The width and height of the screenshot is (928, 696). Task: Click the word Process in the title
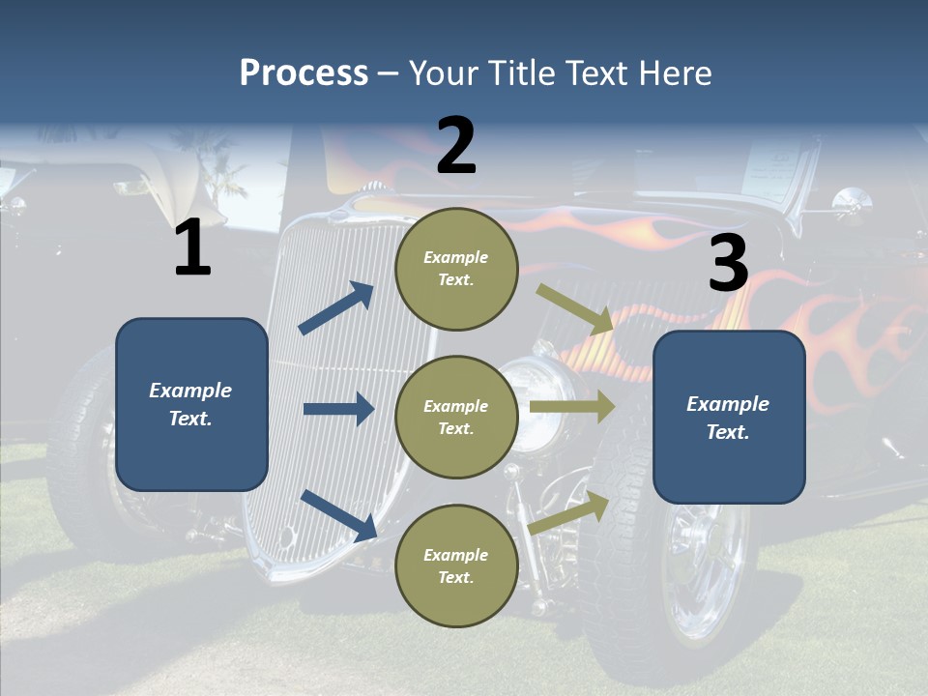click(x=304, y=73)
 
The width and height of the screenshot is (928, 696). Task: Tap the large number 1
click(x=192, y=247)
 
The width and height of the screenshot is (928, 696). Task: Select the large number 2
click(x=456, y=146)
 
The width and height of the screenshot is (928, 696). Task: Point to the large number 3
click(x=728, y=263)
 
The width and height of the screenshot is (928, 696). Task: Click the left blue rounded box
click(x=191, y=404)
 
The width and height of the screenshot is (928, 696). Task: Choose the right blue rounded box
click(x=729, y=418)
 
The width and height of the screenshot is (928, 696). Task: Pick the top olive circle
click(x=456, y=269)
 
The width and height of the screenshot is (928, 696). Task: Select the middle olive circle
click(x=456, y=418)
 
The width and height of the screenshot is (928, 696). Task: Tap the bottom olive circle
click(x=456, y=566)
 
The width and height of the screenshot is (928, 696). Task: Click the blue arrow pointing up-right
click(x=336, y=308)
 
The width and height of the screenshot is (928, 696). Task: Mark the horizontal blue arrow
click(x=338, y=409)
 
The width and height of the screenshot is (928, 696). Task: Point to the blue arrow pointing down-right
click(x=338, y=514)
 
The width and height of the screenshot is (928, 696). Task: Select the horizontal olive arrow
click(x=572, y=406)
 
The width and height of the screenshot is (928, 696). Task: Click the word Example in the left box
click(x=190, y=391)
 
